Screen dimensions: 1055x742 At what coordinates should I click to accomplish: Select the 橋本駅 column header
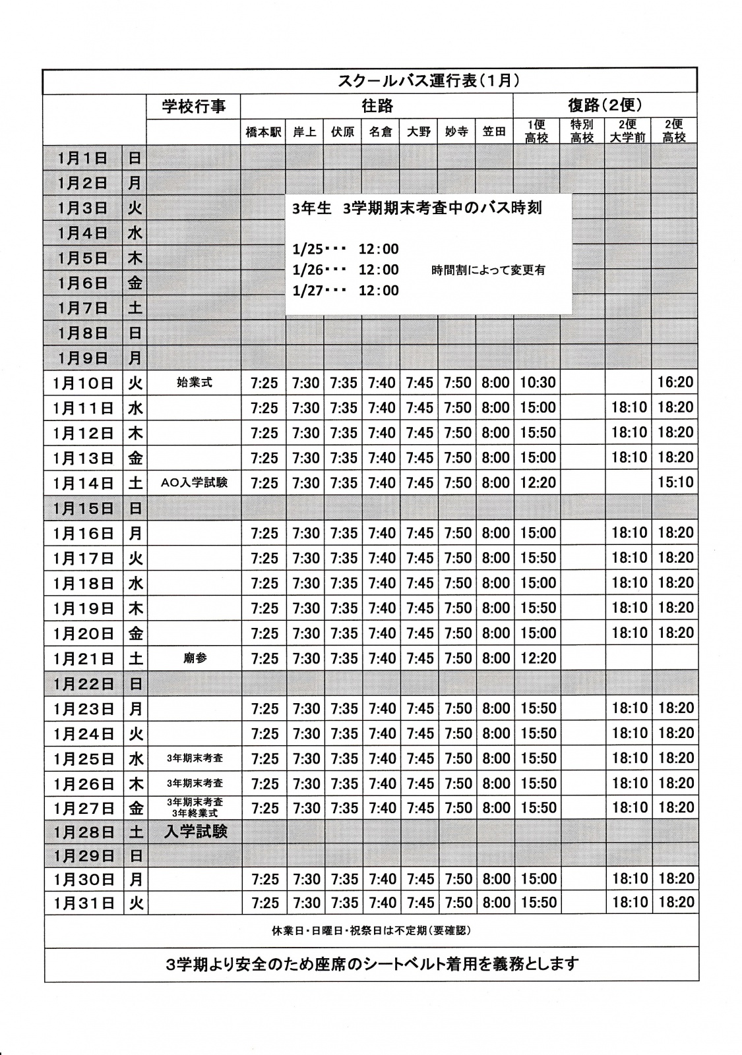263,132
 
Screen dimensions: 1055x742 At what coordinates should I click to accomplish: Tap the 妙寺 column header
456,132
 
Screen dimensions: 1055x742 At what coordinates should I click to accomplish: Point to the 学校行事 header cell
193,106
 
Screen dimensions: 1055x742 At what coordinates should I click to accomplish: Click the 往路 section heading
377,105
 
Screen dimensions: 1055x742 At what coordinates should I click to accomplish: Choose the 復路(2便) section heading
605,105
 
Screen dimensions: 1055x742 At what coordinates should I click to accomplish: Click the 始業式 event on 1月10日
195,382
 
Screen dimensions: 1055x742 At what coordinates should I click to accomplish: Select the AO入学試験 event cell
195,482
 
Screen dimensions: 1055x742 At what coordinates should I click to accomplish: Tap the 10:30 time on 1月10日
538,382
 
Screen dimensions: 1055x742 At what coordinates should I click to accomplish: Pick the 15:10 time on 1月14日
675,482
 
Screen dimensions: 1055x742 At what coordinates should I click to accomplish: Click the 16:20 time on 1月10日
675,382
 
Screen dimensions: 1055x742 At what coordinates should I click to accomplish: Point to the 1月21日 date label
83,658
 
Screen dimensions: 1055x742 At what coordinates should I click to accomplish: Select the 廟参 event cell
195,658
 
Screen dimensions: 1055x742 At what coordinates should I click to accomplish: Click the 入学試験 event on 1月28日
195,832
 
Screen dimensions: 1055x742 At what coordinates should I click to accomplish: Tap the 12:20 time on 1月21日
538,658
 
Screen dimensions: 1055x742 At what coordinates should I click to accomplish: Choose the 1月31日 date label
83,903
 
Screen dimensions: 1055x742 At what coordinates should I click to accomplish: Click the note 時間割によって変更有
488,270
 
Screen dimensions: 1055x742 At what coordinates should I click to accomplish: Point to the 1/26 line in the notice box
346,270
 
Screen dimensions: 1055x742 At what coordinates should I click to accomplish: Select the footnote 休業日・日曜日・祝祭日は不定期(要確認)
371,931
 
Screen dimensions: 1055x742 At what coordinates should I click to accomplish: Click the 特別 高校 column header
582,131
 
